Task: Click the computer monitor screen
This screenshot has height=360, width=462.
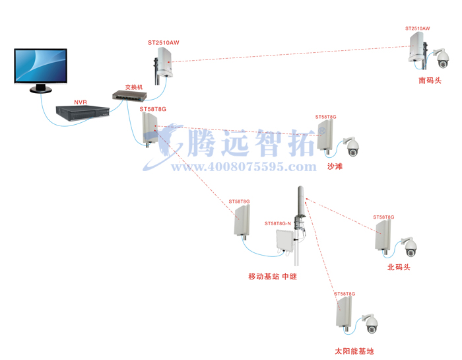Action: tap(40, 65)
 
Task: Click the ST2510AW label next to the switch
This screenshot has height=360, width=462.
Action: tap(164, 43)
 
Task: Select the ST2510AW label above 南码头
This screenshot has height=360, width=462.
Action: tap(417, 29)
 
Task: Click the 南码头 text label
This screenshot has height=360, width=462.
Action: tap(430, 81)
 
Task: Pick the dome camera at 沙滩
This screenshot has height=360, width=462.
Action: tap(352, 147)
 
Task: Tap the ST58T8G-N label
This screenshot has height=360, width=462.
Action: tap(278, 223)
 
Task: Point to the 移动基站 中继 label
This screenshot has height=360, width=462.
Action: tap(272, 276)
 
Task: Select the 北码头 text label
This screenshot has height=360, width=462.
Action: tap(399, 268)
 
